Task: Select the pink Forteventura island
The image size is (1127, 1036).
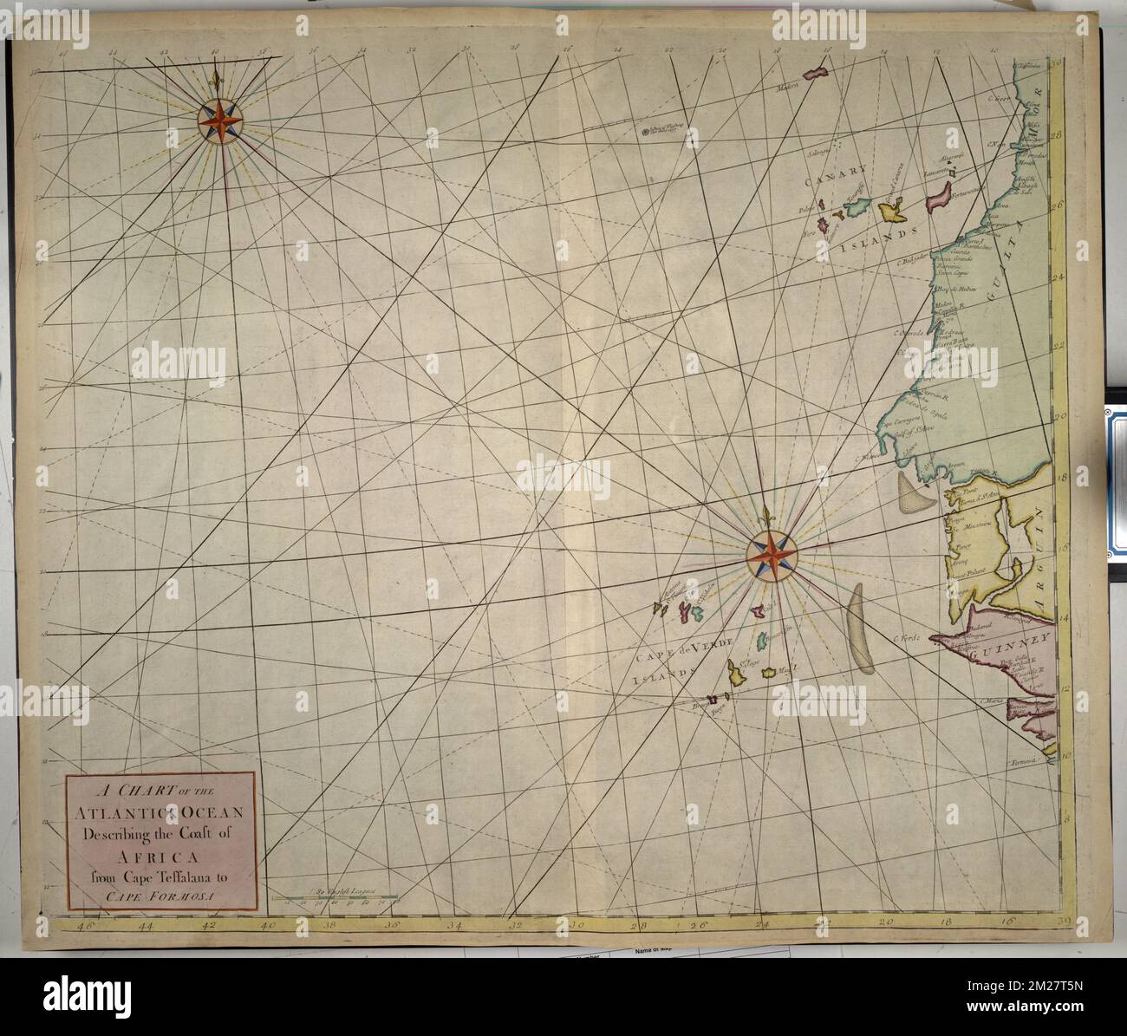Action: [x=937, y=201]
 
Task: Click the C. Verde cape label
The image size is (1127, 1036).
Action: [x=904, y=639]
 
